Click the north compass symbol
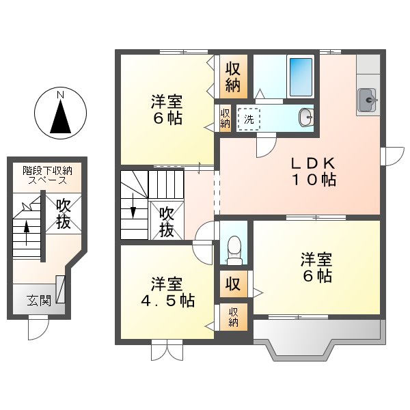pyautogui.click(x=61, y=113)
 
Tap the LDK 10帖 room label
pyautogui.click(x=313, y=172)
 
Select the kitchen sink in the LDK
pyautogui.click(x=368, y=100)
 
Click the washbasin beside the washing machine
pyautogui.click(x=305, y=118)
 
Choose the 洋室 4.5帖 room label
pyautogui.click(x=167, y=292)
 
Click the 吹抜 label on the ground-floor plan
pyautogui.click(x=64, y=213)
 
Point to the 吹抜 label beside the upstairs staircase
pyautogui.click(x=167, y=221)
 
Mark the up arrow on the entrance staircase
pyautogui.click(x=27, y=233)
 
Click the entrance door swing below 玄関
pyautogui.click(x=38, y=329)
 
